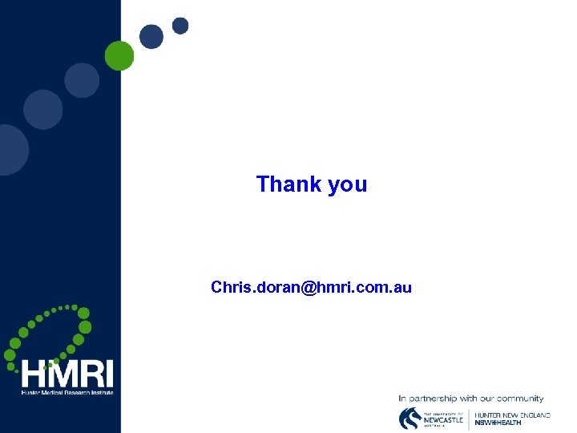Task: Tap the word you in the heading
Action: coord(347,185)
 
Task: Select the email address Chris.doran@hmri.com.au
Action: coord(311,287)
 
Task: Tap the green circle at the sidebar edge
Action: coord(119,55)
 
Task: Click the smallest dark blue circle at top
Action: coord(180,26)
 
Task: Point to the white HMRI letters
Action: coord(67,374)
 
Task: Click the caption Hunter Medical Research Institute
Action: coord(67,392)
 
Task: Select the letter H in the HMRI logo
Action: coord(34,374)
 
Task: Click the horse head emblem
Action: coord(410,418)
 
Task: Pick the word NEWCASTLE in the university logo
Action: coord(443,419)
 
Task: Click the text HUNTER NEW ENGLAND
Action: coord(513,415)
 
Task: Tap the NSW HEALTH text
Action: coord(498,423)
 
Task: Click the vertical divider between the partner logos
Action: coord(469,418)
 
